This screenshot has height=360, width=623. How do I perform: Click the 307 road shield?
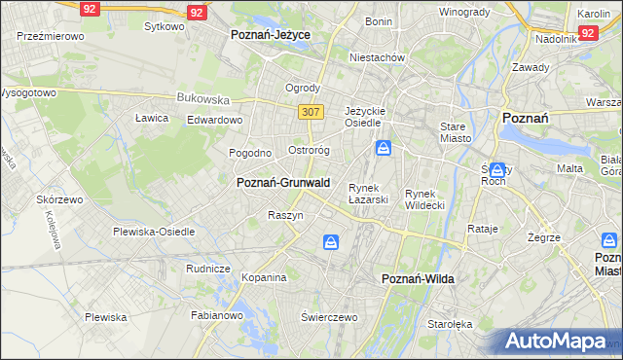pyautogui.click(x=311, y=112)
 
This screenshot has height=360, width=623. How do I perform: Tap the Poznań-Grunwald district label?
pyautogui.click(x=283, y=182)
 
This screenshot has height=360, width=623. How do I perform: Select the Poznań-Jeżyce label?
pyautogui.click(x=270, y=33)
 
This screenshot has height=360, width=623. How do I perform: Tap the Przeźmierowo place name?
pyautogui.click(x=51, y=35)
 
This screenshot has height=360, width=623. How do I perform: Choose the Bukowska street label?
pyautogui.click(x=202, y=98)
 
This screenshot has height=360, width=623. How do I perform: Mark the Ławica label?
pyautogui.click(x=152, y=118)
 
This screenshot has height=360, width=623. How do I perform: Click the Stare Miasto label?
pyautogui.click(x=455, y=132)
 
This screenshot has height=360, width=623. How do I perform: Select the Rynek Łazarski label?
pyautogui.click(x=369, y=194)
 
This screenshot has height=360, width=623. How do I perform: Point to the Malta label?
pyautogui.click(x=569, y=168)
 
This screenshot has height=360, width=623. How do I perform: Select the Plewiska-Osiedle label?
pyautogui.click(x=154, y=232)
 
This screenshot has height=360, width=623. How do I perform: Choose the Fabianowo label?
pyautogui.click(x=216, y=314)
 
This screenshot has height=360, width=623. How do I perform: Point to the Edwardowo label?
pyautogui.click(x=214, y=120)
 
